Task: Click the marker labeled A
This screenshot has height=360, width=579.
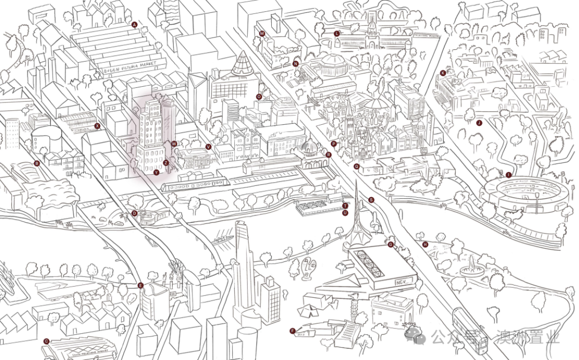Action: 135,25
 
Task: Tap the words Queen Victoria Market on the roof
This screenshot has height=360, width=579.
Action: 130,66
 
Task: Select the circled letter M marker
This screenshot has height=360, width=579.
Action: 262,34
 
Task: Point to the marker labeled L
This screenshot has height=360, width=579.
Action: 337,34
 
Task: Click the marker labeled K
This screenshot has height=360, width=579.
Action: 443,73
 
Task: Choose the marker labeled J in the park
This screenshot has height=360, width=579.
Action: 479,123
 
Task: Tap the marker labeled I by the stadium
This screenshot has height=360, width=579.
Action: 508,175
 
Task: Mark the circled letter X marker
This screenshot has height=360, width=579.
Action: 97,126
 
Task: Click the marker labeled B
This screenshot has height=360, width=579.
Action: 37,163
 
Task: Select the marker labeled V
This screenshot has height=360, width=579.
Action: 208,146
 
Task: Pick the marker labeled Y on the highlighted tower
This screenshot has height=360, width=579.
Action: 156,173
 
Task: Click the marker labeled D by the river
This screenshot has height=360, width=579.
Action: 135,213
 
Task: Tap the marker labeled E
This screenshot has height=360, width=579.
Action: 141,286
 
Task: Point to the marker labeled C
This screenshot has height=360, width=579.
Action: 46,341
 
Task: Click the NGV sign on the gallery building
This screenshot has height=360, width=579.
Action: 403,281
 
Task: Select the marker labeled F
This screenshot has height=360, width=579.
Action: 293,331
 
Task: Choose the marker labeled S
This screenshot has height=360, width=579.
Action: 371,200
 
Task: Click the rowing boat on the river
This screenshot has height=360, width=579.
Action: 222,239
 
